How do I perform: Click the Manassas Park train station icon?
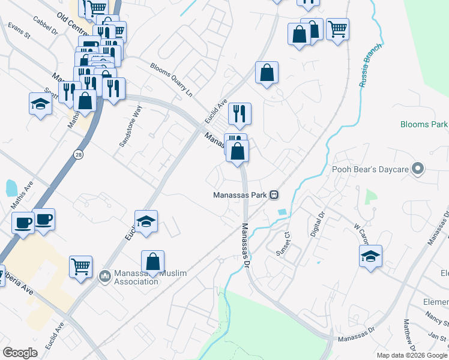pyautogui.click(x=274, y=194)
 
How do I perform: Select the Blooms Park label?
pyautogui.click(x=424, y=125)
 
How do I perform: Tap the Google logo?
pyautogui.click(x=20, y=352)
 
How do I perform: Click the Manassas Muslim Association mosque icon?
pyautogui.click(x=104, y=276)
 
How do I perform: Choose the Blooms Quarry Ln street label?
pyautogui.click(x=171, y=80)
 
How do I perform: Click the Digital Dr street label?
pyautogui.click(x=316, y=223)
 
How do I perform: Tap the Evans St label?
pyautogui.click(x=19, y=31)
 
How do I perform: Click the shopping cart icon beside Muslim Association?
pyautogui.click(x=81, y=265)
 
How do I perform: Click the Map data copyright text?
pyautogui.click(x=411, y=355)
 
